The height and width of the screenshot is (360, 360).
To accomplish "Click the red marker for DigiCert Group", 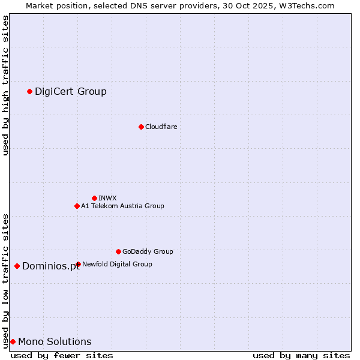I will coord(29,91).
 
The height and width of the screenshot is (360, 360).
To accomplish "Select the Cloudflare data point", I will coord(141,127).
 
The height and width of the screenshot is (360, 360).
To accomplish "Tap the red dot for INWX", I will coord(94,198).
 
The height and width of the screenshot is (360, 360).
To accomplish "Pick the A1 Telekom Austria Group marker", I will coord(77,206).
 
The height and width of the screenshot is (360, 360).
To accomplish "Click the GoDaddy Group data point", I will coord(118,251).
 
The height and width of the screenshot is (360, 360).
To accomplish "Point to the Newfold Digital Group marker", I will coord(78,264).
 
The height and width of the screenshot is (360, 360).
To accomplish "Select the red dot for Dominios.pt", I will coord(17,266).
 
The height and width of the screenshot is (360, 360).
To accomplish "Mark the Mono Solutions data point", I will coord(13,341).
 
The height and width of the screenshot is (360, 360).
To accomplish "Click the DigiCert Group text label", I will coord(71,91).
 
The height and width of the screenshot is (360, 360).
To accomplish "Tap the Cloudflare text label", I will coord(161,127).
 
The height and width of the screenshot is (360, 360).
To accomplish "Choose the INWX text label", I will coord(107,198).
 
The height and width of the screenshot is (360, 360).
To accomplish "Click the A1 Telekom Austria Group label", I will coord(122,206).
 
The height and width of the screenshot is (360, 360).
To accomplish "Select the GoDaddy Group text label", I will coord(148,251).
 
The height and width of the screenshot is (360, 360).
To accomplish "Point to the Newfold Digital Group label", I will coord(117,264).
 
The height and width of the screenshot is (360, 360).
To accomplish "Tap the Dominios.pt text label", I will coord(51,266).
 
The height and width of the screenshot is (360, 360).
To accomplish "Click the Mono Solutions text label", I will coord(55,341).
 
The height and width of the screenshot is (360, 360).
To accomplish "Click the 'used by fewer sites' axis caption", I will coord(62,355).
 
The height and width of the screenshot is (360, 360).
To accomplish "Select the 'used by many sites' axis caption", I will coord(301,355).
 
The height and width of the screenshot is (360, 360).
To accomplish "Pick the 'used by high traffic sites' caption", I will coord(5,85).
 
